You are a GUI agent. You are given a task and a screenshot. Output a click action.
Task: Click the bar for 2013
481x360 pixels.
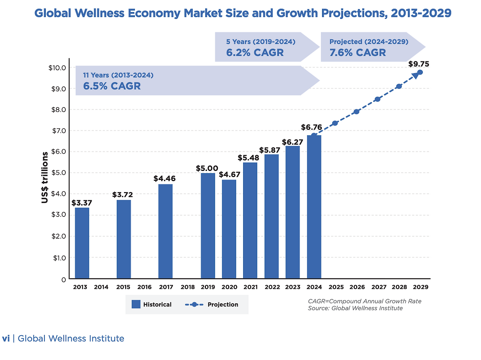pyautogui.click(x=82, y=243)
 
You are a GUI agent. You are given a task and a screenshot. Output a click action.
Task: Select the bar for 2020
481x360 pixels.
pyautogui.click(x=229, y=229)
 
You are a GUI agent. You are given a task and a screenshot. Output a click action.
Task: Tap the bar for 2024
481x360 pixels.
pyautogui.click(x=314, y=207)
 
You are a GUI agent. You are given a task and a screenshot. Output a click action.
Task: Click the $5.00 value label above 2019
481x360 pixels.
pyautogui.click(x=207, y=168)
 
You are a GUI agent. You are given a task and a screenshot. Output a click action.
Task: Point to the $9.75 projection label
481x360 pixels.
pyautogui.click(x=419, y=64)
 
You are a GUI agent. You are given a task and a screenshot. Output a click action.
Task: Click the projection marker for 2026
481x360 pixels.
pyautogui.click(x=357, y=112)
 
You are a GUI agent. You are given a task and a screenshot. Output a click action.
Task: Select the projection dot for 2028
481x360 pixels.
pyautogui.click(x=399, y=86)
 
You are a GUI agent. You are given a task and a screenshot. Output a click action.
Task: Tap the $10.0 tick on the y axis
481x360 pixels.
pyautogui.click(x=57, y=68)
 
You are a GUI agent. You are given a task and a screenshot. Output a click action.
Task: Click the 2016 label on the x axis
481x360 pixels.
pyautogui.click(x=144, y=287)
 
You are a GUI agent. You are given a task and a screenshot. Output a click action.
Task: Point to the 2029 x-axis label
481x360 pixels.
pyautogui.click(x=420, y=287)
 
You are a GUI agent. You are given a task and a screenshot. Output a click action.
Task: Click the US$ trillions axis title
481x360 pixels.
pyautogui.click(x=45, y=177)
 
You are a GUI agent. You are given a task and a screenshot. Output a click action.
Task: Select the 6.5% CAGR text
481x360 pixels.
pyautogui.click(x=112, y=86)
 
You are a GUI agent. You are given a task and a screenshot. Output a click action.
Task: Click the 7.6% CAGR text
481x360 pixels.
pyautogui.click(x=357, y=53)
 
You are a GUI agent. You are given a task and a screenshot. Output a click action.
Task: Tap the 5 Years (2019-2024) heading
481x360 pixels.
pyautogui.click(x=260, y=42)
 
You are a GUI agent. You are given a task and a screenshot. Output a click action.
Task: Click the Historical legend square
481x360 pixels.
pyautogui.click(x=136, y=304)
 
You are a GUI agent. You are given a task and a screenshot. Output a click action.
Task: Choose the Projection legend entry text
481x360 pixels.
pyautogui.click(x=223, y=304)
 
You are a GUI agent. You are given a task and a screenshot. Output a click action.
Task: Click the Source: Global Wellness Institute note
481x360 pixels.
pyautogui.click(x=355, y=308)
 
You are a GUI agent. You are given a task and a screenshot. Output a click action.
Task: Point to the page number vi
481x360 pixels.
pyautogui.click(x=6, y=339)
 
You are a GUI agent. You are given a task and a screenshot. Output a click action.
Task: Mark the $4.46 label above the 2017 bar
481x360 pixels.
pyautogui.click(x=164, y=178)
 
